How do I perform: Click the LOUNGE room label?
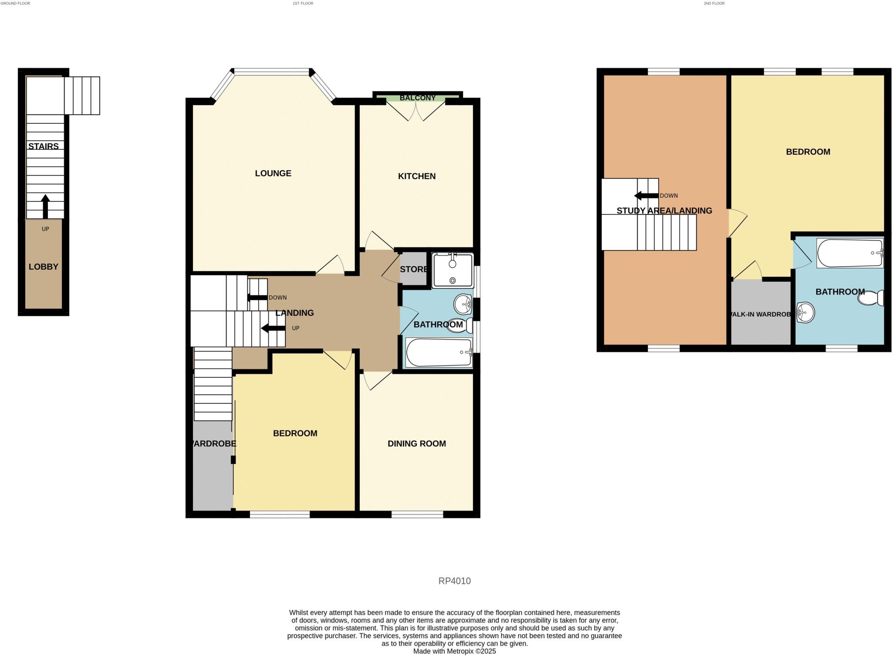click(x=273, y=173)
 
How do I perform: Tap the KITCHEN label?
click(x=417, y=176)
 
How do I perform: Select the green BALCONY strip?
click(x=417, y=98)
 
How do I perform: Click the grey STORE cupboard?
click(x=413, y=269)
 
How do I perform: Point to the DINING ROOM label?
click(x=417, y=444)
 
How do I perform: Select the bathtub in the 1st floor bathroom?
click(x=439, y=352)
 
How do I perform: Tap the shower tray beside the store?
click(x=453, y=271)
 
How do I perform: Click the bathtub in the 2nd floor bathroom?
click(x=849, y=253)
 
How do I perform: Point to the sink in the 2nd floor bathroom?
click(x=805, y=312)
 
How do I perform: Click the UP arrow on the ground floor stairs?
click(x=45, y=206)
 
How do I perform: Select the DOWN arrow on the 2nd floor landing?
click(x=646, y=196)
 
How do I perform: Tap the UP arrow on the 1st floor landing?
click(x=273, y=328)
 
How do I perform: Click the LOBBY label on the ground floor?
click(x=44, y=267)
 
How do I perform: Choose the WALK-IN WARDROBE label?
click(x=760, y=314)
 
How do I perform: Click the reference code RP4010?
click(x=454, y=581)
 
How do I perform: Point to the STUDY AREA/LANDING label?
click(x=664, y=211)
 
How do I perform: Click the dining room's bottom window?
click(x=417, y=514)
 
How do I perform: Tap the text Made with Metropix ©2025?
click(x=454, y=652)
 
